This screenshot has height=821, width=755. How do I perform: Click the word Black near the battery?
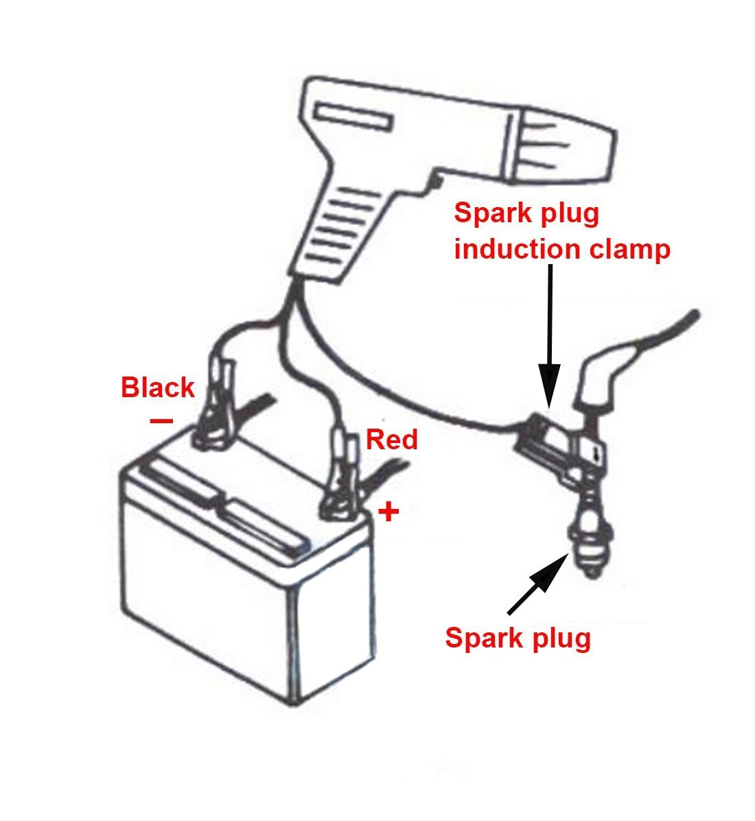[157, 388]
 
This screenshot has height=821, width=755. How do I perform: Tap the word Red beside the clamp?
[391, 439]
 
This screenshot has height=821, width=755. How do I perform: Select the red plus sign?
[389, 512]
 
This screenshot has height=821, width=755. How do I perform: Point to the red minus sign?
[161, 420]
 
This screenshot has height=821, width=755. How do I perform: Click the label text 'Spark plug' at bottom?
[518, 638]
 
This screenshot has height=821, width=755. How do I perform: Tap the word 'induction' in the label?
[512, 249]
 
